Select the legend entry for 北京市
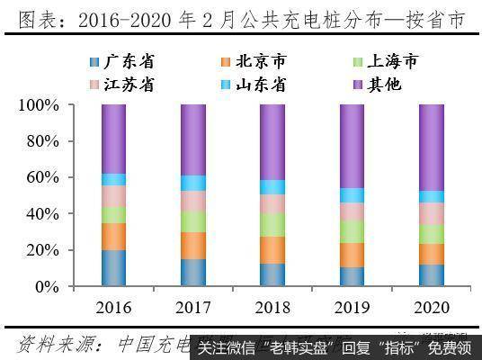coord(253,62)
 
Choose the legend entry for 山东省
coord(253,85)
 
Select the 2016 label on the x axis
coord(114,308)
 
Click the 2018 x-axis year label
coord(272,308)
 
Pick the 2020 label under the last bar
coord(431,308)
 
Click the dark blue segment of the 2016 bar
coord(114,268)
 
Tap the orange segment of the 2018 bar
coord(272,250)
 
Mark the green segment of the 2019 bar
coord(352,232)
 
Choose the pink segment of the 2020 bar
coord(431,213)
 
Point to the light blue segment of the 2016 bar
coord(114,179)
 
